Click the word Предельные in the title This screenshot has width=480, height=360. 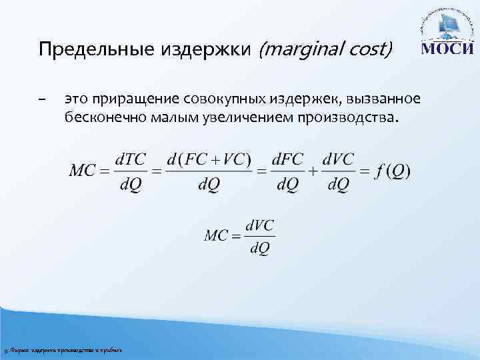(x=84, y=49)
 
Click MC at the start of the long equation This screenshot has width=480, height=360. (x=82, y=171)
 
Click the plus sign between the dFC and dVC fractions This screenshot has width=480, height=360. (x=312, y=171)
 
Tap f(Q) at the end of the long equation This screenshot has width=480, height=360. (x=393, y=171)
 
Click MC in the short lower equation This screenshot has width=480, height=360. (x=219, y=235)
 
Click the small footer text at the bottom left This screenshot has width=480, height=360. (x=63, y=351)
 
